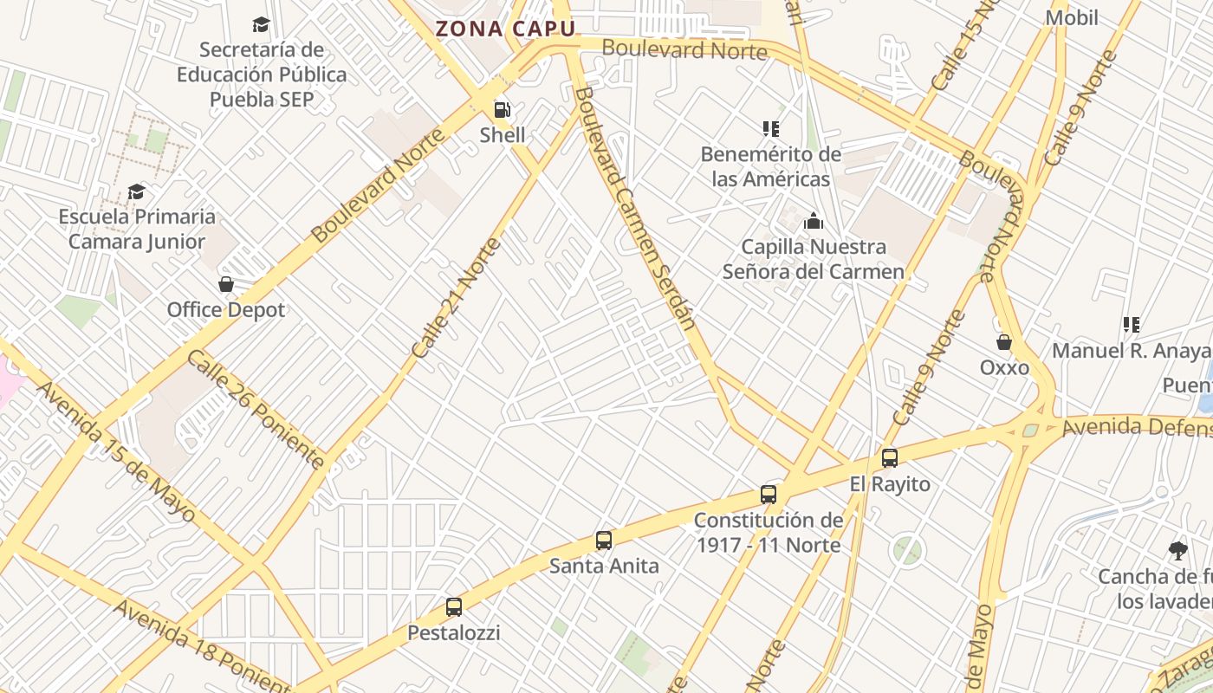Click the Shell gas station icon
click(x=502, y=110)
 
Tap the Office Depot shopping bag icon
click(x=226, y=284)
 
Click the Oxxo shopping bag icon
click(x=1004, y=342)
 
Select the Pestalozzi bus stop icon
click(x=454, y=607)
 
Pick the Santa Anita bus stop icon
click(x=604, y=541)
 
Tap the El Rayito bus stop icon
click(x=889, y=458)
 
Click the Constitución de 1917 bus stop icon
click(x=769, y=495)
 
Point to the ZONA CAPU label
click(x=505, y=29)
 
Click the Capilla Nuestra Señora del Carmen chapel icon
click(x=813, y=222)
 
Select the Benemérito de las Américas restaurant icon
click(x=770, y=129)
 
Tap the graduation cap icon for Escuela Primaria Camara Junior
click(x=136, y=191)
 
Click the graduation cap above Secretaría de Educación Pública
click(x=261, y=24)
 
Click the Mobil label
click(x=1072, y=17)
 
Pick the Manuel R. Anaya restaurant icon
click(x=1131, y=325)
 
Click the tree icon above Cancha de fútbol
click(x=1177, y=550)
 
